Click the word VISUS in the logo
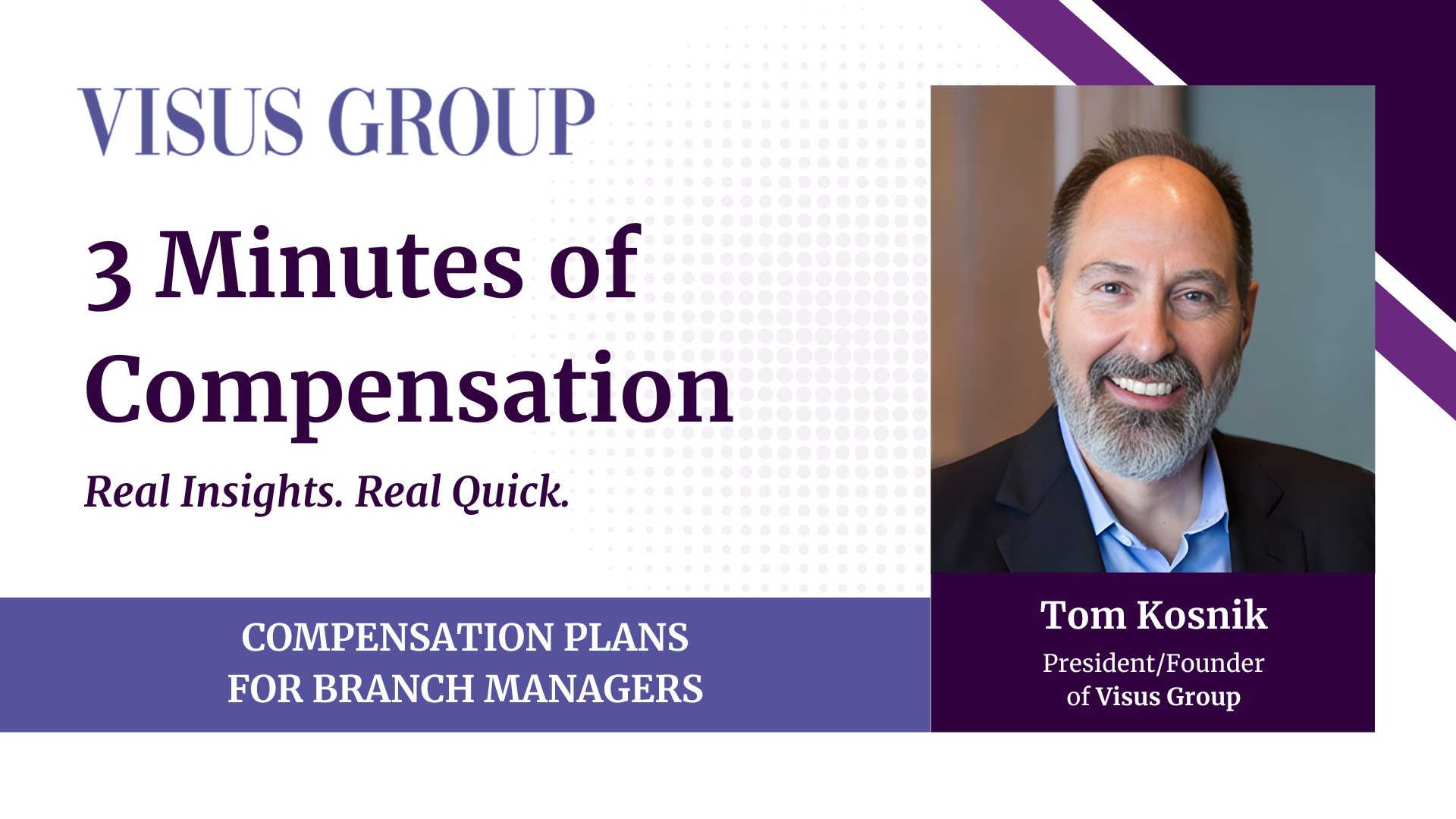point(190,121)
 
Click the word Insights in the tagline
point(262,491)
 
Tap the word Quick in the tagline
point(510,491)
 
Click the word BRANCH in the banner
point(394,689)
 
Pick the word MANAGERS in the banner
point(594,689)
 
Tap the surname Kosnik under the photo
point(1201,614)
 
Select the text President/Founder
point(1153,663)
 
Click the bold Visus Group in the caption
point(1168,696)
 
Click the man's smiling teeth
point(1147,387)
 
